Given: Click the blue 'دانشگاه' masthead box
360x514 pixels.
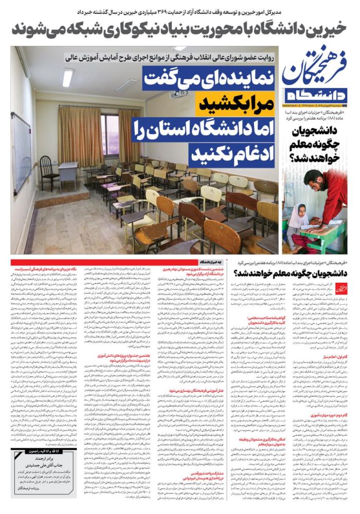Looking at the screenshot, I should point(316,95).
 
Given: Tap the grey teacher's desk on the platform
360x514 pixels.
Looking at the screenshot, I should point(68,173).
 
